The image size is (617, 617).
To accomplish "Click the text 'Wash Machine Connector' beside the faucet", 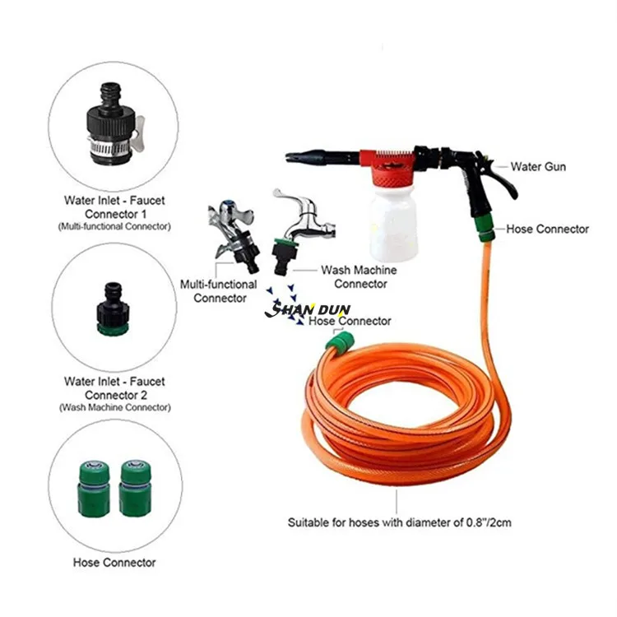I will point(359,276).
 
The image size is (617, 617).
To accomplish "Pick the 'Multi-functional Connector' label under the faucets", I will point(220,290).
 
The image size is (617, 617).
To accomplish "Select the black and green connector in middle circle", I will point(111,311).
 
